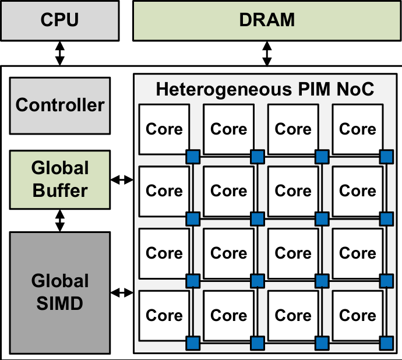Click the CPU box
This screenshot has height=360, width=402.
(x=59, y=20)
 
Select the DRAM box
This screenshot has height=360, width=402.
(x=267, y=20)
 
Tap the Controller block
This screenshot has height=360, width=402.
(x=59, y=105)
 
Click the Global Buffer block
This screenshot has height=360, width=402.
(x=59, y=179)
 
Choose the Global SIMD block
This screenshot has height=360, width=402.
(x=59, y=292)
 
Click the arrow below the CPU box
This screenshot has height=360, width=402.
(x=59, y=54)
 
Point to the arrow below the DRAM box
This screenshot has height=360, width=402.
(x=267, y=54)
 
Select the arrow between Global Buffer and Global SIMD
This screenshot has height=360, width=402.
(x=59, y=220)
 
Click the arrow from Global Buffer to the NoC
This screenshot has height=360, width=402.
(x=122, y=180)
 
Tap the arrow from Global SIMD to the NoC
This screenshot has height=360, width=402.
(x=122, y=292)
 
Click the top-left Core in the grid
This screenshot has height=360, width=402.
(x=164, y=129)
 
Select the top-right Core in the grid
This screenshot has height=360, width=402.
(x=358, y=129)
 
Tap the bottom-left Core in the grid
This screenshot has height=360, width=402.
(x=164, y=315)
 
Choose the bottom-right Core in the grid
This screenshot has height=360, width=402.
(x=358, y=315)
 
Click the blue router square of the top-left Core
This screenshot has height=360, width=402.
(x=193, y=156)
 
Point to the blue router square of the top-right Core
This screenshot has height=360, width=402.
(x=386, y=156)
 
